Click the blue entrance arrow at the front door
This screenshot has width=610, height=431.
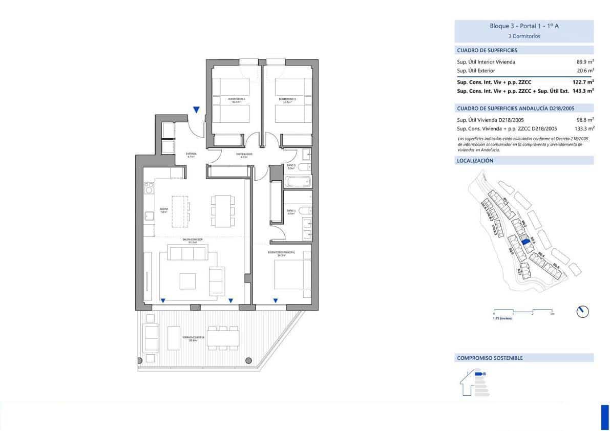click(x=196, y=110)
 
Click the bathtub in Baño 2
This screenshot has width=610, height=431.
click(x=297, y=182)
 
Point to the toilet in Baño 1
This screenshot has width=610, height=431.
click(x=304, y=210)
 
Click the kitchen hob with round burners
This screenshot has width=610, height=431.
click(x=149, y=189)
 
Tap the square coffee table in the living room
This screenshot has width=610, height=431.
click(x=187, y=281)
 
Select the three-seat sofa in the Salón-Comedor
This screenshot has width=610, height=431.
click(x=187, y=253)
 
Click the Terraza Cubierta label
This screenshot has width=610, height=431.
click(x=193, y=338)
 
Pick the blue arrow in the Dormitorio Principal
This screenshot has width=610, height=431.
click(x=276, y=301)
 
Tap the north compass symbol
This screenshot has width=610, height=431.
click(x=582, y=311)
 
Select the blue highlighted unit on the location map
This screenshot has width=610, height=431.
click(x=524, y=244)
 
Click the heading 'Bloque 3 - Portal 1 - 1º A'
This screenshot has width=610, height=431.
click(x=523, y=26)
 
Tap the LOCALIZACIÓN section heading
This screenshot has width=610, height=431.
click(x=475, y=161)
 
